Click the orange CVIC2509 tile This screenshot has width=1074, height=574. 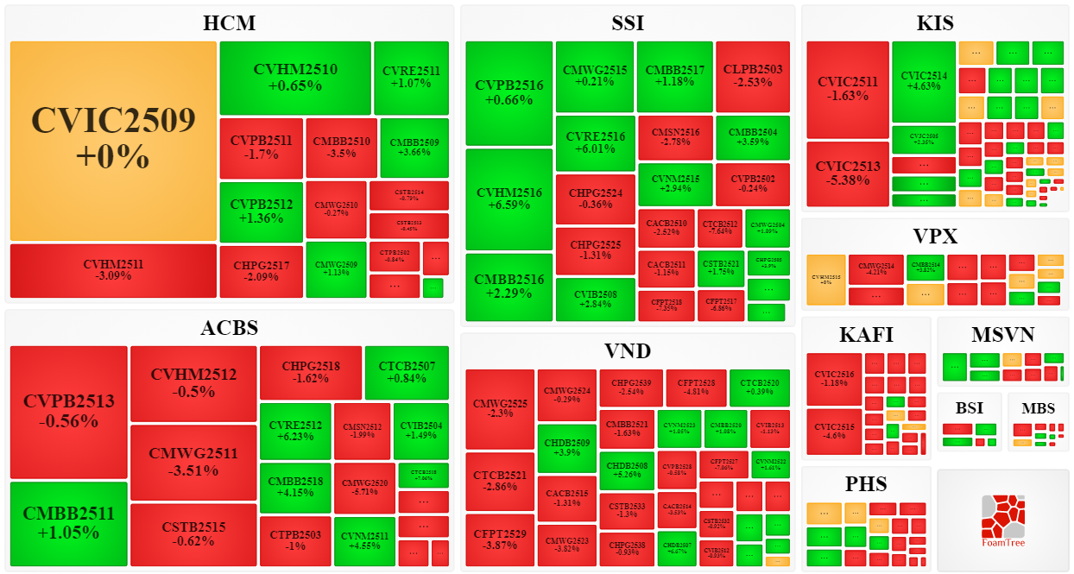tap(113, 141)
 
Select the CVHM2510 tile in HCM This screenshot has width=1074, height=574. tap(295, 78)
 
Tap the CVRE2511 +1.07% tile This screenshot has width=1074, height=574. tap(411, 78)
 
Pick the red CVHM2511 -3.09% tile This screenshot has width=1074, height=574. tap(113, 270)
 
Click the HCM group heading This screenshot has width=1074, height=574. tap(229, 23)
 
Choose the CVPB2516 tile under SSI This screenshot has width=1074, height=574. tap(509, 93)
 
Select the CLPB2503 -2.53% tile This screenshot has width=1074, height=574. tap(752, 76)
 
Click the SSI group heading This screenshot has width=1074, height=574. tap(627, 23)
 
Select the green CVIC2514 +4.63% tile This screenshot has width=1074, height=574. tap(924, 81)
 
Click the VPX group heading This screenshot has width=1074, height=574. tap(935, 236)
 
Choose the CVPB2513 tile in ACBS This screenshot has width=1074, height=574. tap(68, 412)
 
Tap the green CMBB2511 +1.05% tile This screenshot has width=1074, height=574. tap(68, 523)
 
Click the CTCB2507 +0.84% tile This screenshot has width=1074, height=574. tap(407, 372)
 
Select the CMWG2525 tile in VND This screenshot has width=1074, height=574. tap(500, 408)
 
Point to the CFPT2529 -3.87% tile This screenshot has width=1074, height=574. tap(500, 540)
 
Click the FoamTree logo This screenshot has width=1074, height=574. tap(1002, 520)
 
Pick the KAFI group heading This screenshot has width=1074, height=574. tap(866, 335)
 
